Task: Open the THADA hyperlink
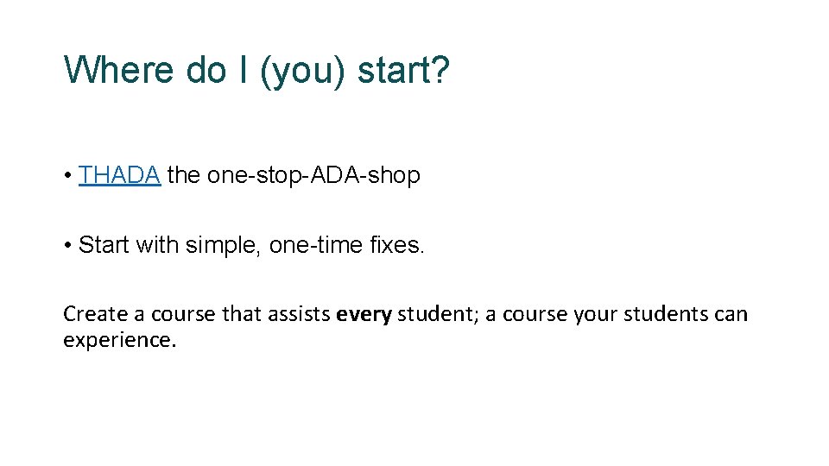pyautogui.click(x=119, y=175)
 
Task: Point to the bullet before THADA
pyautogui.click(x=67, y=176)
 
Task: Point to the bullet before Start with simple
pyautogui.click(x=67, y=246)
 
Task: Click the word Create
pyautogui.click(x=91, y=314)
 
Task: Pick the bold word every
pyautogui.click(x=364, y=314)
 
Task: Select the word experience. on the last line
pyautogui.click(x=119, y=340)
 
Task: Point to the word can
pyautogui.click(x=731, y=314)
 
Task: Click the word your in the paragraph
pyautogui.click(x=592, y=314)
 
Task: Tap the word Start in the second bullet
pyautogui.click(x=103, y=245)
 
